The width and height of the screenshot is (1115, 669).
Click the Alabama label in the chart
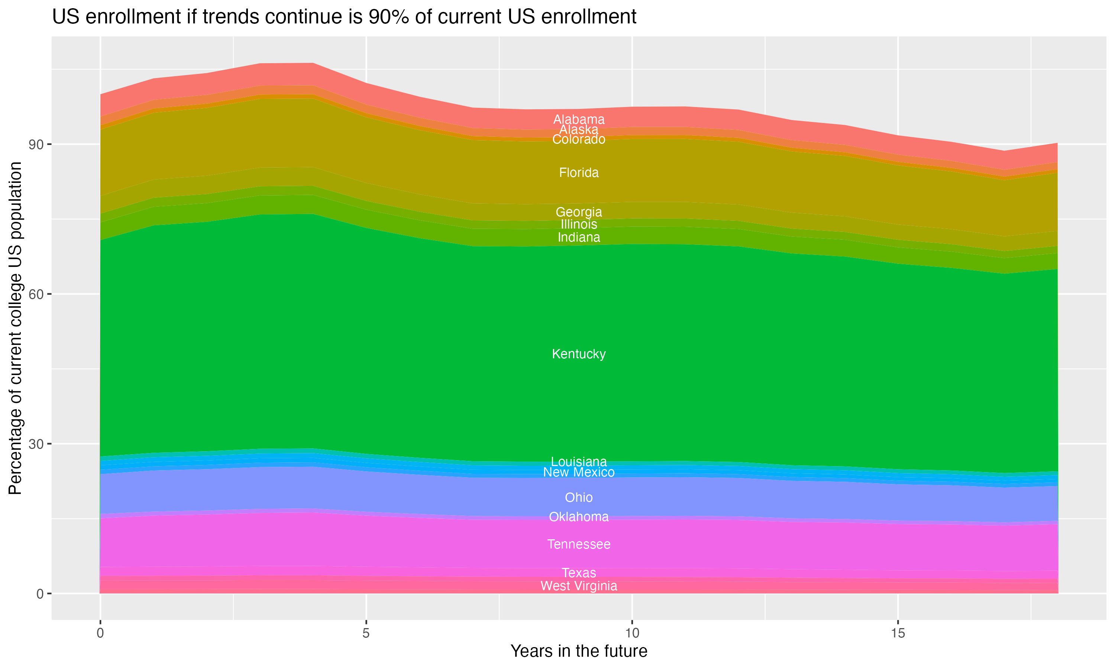point(579,119)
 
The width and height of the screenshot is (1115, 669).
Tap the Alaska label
point(579,129)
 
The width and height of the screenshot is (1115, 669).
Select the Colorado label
point(579,139)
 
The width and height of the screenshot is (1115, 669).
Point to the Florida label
point(579,173)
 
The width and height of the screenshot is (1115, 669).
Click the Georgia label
point(579,212)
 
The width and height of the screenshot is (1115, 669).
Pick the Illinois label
point(579,224)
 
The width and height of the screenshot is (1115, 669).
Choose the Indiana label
point(579,237)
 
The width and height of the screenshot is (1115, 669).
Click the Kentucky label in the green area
point(579,354)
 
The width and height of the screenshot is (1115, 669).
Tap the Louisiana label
point(579,462)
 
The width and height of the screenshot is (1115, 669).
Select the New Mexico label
point(579,472)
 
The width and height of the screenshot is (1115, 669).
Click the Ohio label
point(579,497)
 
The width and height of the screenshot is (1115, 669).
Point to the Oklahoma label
point(579,517)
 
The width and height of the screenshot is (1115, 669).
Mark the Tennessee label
point(579,544)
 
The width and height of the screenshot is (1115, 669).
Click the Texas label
point(579,572)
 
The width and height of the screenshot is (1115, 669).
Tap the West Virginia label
point(579,586)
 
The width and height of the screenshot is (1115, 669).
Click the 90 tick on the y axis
point(36,145)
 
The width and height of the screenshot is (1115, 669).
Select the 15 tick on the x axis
point(898,633)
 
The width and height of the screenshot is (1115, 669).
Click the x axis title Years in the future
point(579,651)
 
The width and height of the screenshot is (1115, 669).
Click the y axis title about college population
point(15,328)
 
